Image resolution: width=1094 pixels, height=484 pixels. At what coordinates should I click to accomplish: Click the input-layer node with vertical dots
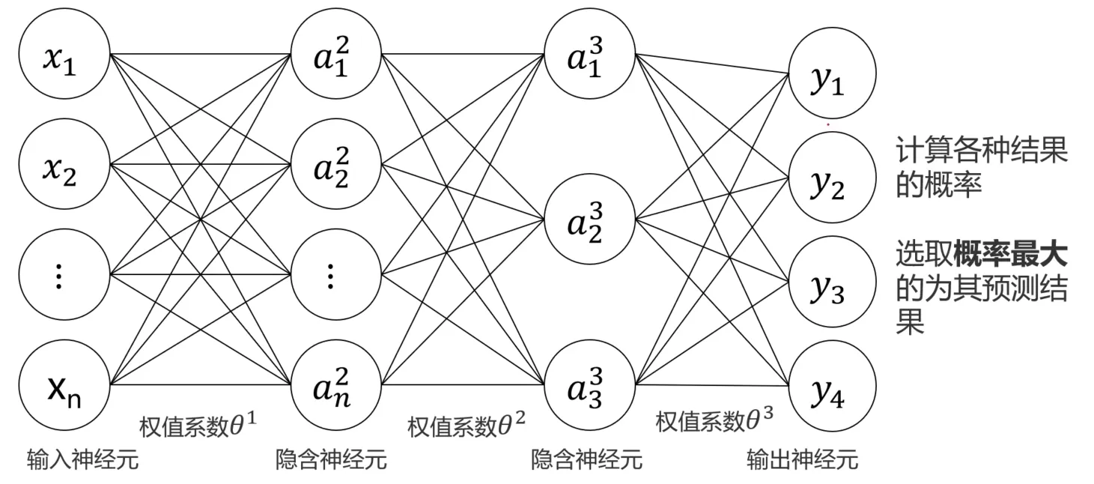pos(64,277)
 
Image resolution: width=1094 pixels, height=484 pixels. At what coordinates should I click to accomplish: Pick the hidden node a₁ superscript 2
pos(335,56)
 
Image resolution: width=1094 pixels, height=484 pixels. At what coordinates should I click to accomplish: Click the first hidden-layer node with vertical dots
pos(335,277)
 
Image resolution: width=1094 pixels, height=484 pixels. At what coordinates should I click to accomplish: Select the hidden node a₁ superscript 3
pos(589,56)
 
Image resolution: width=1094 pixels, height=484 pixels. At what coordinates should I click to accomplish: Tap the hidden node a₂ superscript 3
pos(589,221)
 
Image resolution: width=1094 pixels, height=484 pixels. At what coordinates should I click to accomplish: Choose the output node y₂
pos(831,180)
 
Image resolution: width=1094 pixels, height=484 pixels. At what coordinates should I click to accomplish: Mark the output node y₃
pos(831,283)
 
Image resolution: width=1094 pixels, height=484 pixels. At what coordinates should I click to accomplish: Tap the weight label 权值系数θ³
pos(714,421)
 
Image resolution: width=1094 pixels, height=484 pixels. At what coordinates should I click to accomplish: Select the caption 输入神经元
pos(82,459)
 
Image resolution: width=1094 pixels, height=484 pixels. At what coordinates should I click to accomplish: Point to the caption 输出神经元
pos(802,459)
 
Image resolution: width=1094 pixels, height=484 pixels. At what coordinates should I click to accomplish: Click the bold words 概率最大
pos(1009,255)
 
